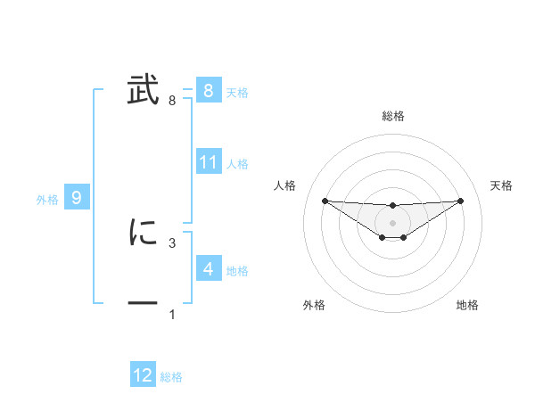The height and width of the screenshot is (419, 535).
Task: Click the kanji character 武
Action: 143,91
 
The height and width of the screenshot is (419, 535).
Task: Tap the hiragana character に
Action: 143,233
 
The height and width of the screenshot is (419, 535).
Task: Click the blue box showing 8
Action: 208,91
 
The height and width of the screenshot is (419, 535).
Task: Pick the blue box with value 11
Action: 209,162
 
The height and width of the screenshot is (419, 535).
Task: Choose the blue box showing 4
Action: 208,268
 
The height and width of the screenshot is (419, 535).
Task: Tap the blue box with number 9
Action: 77,198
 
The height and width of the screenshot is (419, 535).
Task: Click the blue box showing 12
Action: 143,375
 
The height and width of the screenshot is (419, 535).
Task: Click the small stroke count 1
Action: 172,315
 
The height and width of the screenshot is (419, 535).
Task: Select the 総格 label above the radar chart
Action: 393,116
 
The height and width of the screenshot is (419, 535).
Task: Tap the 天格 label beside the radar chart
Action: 502,185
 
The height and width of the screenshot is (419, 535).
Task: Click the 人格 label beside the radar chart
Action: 285,185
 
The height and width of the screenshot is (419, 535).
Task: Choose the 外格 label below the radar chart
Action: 314,305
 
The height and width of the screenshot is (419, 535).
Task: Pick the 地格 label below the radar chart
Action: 467,305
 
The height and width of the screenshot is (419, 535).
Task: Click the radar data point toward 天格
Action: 460,201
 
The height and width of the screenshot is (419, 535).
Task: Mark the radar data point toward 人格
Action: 325,201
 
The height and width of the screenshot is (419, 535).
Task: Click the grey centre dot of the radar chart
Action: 393,222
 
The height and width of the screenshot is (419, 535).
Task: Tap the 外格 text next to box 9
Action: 47,200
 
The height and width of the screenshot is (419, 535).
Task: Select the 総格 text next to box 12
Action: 171,377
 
